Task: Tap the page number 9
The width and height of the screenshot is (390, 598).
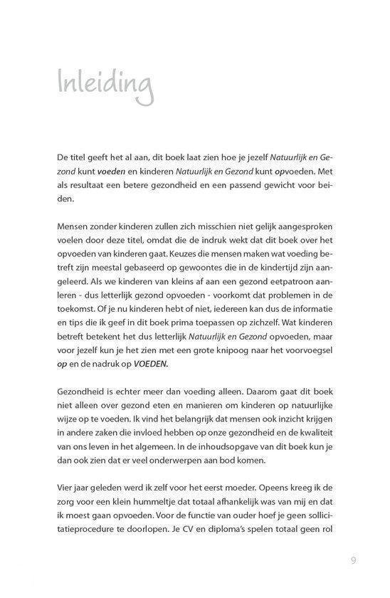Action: click(353, 559)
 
